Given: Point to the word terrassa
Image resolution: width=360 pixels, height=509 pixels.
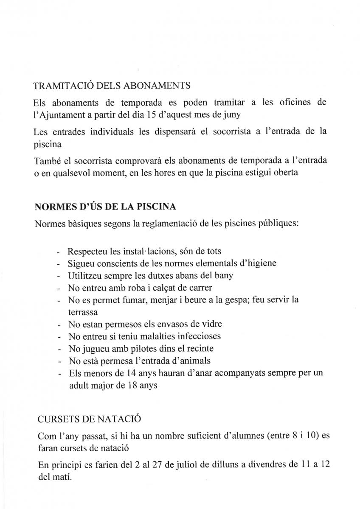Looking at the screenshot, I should click(83, 312).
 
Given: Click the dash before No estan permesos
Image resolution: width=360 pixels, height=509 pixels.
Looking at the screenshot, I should click(59, 324).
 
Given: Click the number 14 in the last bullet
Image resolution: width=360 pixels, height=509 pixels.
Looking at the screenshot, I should click(131, 374).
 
